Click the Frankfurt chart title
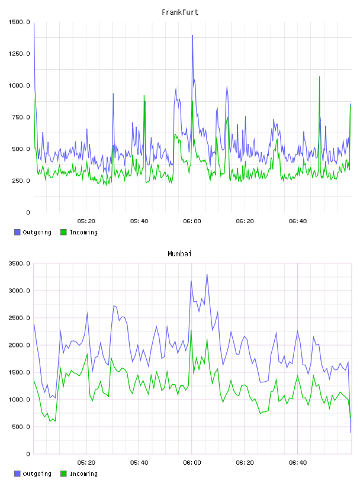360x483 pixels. coord(180,12)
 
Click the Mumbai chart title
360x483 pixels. coord(179,254)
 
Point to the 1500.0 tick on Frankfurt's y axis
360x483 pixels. coord(19,22)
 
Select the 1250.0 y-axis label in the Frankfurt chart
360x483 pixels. coord(19,54)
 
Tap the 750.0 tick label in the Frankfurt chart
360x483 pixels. coord(21,117)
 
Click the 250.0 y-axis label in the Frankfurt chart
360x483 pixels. coord(21,181)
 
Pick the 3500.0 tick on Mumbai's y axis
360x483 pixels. coord(19,263)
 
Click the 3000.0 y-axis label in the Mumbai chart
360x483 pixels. coord(19,291)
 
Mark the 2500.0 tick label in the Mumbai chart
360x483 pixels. coord(19,318)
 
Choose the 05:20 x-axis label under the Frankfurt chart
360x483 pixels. coord(86,221)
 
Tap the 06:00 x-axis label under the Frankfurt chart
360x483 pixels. coord(192,221)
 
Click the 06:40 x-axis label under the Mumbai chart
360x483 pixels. coord(298,463)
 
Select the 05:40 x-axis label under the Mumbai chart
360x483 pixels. coord(139,463)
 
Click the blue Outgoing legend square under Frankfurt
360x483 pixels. coord(17,232)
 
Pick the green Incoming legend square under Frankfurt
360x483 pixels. coord(63,232)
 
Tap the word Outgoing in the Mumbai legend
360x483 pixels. coord(37,474)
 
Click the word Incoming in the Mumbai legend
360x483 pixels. coord(83,474)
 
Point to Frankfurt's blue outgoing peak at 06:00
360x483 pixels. coord(192,36)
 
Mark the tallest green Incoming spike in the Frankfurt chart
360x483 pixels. coord(319,77)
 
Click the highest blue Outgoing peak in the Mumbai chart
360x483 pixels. coord(207,275)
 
